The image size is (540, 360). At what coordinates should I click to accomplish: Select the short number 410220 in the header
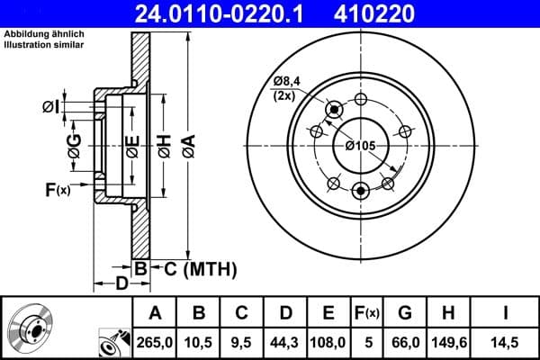pos(402,13)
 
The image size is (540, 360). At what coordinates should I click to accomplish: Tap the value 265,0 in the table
pos(155,342)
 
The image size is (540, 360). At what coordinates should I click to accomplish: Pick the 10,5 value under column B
pos(198,342)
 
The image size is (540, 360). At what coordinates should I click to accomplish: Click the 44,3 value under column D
pos(285,342)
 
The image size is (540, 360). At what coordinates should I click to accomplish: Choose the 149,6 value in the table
pos(448,342)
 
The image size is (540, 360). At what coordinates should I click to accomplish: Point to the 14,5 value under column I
pos(504,342)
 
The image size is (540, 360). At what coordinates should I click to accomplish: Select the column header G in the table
pos(405,313)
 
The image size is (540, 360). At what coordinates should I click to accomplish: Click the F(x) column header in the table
pos(365,313)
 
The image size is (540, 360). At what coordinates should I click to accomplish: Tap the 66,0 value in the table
pos(405,342)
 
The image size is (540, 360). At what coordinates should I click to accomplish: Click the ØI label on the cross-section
pos(52,107)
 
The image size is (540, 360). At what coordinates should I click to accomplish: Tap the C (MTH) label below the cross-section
pos(199,268)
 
